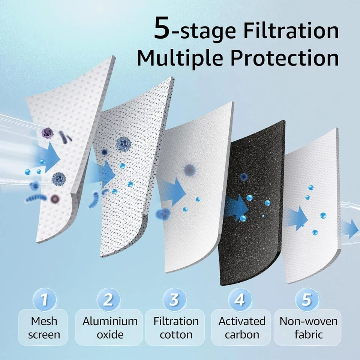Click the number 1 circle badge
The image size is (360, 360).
45,300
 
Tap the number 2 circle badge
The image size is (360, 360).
108,300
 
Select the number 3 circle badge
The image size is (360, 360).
174,300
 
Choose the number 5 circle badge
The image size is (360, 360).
307,300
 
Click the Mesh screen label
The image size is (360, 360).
44,327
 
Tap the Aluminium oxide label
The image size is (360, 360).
110,327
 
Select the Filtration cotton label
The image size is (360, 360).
176,327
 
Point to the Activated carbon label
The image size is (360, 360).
241,327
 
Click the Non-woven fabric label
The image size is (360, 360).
308,327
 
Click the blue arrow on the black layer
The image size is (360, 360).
236,207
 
